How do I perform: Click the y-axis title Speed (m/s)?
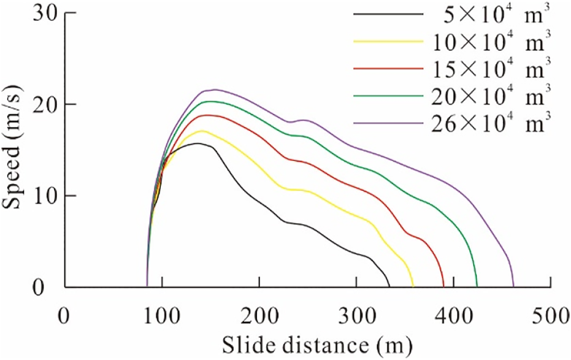click(13, 150)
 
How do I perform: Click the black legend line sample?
click(389, 14)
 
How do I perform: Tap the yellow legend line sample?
click(389, 41)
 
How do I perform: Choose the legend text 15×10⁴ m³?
click(494, 68)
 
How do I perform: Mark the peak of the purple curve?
click(214, 90)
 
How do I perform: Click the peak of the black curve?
click(197, 144)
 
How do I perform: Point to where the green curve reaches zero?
click(477, 286)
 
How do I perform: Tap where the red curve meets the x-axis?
click(443, 286)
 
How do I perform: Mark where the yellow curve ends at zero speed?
click(413, 286)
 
